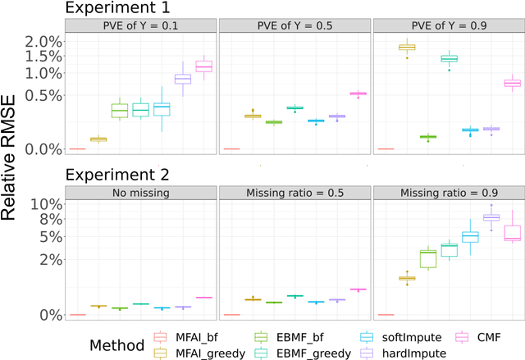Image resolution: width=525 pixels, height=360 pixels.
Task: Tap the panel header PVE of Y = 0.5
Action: (294, 26)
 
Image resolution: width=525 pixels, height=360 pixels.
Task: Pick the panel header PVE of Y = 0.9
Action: (448, 26)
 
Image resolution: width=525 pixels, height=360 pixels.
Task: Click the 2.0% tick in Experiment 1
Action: (45, 41)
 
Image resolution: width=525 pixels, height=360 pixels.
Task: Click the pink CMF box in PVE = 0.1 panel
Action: (203, 66)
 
